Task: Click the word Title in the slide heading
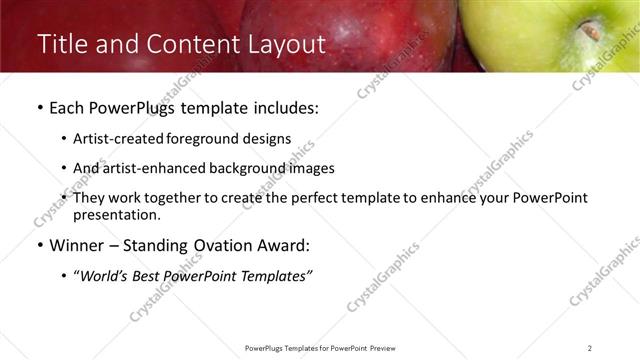(x=61, y=44)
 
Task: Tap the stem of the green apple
(x=592, y=31)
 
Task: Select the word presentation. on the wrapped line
(x=116, y=215)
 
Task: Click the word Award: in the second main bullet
(x=285, y=246)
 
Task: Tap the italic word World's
(x=106, y=276)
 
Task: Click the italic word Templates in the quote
(x=277, y=276)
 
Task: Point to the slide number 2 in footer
(x=589, y=348)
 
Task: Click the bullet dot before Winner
(x=39, y=246)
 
